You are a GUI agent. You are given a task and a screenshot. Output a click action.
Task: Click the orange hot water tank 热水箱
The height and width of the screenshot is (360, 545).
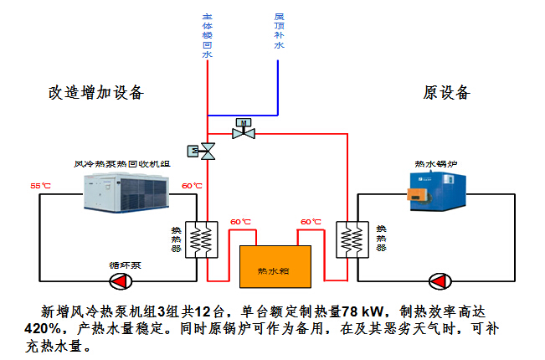pyautogui.click(x=275, y=267)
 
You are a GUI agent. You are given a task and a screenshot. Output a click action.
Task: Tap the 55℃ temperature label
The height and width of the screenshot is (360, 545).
pyautogui.click(x=40, y=186)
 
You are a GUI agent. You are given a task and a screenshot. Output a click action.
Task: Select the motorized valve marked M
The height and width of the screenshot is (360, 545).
pyautogui.click(x=244, y=129)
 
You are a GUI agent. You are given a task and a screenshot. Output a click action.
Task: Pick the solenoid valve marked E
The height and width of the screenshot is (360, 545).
pyautogui.click(x=201, y=152)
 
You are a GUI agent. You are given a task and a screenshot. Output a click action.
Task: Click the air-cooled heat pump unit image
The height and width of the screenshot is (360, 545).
pyautogui.click(x=126, y=193)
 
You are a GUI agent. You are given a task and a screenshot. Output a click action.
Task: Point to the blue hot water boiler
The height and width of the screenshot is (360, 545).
pyautogui.click(x=437, y=192)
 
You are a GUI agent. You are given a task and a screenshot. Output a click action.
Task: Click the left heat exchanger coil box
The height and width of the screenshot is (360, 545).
pyautogui.click(x=202, y=239)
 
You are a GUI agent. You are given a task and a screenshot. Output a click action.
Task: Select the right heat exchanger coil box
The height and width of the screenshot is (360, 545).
pyautogui.click(x=352, y=239)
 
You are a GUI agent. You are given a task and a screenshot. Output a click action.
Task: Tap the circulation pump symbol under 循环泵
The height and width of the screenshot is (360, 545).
pyautogui.click(x=121, y=281)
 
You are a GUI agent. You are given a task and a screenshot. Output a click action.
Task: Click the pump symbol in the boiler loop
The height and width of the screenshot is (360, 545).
pyautogui.click(x=440, y=281)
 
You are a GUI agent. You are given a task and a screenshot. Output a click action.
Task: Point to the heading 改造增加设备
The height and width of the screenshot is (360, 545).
pyautogui.click(x=96, y=93)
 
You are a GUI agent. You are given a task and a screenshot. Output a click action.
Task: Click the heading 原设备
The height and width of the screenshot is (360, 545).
pyautogui.click(x=447, y=93)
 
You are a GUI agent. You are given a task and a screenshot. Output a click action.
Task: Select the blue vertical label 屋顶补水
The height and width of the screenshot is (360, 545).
pyautogui.click(x=279, y=31)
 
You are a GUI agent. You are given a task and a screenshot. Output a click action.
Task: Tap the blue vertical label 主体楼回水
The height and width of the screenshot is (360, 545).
pyautogui.click(x=207, y=36)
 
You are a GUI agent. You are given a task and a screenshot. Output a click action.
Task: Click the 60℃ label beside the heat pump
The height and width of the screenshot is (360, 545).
pyautogui.click(x=192, y=186)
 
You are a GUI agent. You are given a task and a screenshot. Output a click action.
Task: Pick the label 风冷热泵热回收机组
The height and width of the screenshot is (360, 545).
pyautogui.click(x=122, y=164)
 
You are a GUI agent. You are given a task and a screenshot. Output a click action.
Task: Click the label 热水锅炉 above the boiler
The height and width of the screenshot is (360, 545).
pyautogui.click(x=436, y=164)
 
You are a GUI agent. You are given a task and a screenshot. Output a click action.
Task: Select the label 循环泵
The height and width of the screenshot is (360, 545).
pyautogui.click(x=125, y=265)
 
